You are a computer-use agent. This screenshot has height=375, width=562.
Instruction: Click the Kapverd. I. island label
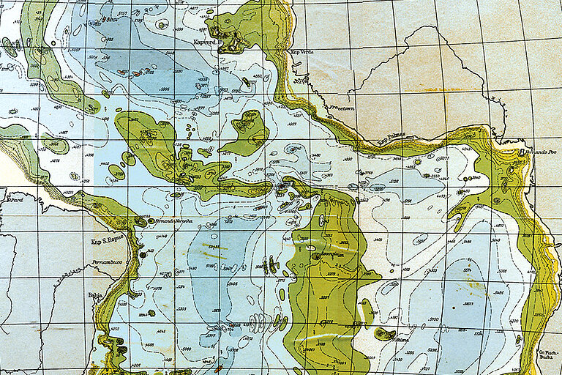[x=208, y=42]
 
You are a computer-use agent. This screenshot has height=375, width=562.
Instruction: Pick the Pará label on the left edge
[x=15, y=199]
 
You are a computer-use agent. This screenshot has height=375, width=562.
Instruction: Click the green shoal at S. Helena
[x=383, y=334]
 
